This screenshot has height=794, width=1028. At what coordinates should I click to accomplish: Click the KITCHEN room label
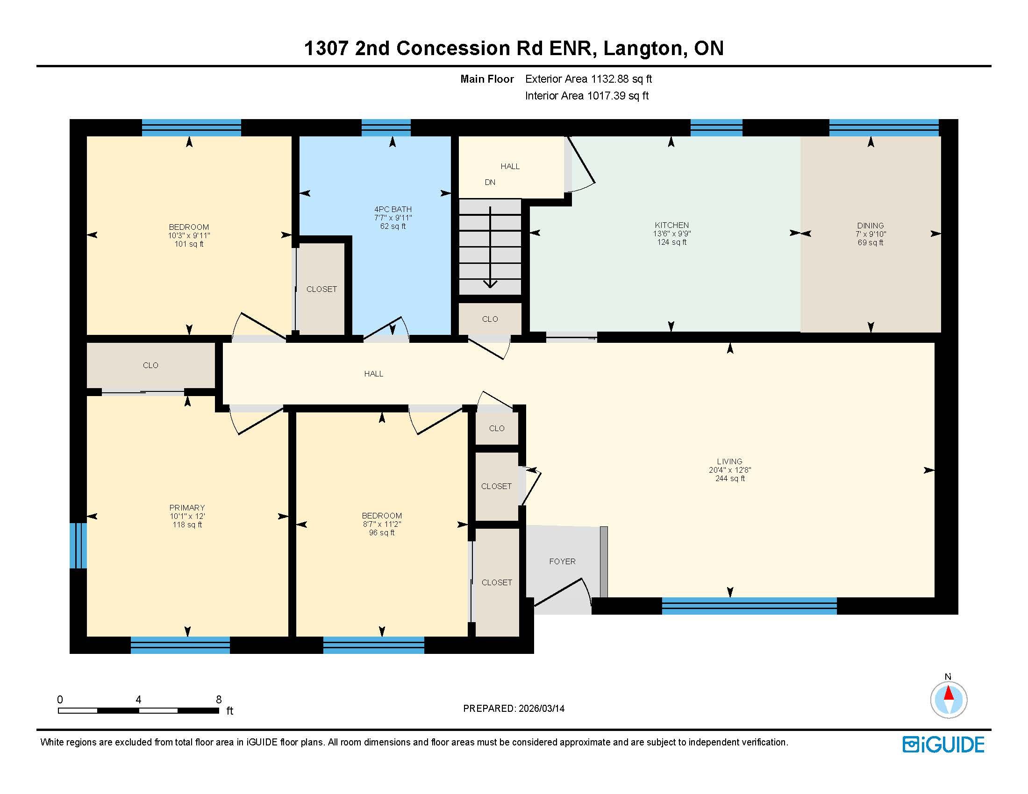coord(671,225)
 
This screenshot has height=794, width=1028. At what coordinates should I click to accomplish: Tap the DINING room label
coord(871,226)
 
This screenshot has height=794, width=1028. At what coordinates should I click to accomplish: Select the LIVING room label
coord(729,461)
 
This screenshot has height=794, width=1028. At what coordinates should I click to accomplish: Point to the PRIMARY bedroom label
coord(187,508)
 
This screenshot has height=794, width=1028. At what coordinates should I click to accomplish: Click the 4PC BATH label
coord(393,209)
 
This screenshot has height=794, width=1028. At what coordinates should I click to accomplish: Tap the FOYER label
coord(562,561)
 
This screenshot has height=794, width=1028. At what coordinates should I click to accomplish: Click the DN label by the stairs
coord(490,182)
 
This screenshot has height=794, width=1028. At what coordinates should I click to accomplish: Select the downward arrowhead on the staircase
coord(490,284)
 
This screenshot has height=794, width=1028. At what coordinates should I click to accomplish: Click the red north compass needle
coord(949,694)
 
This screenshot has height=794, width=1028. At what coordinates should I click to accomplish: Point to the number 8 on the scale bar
coord(218,700)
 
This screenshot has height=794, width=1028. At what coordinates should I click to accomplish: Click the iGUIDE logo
coord(943,744)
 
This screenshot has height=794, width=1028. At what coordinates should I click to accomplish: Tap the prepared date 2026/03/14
coord(541,709)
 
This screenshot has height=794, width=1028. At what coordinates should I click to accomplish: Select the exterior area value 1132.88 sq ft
coord(621,79)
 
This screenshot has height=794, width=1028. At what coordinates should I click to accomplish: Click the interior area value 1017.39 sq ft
coord(618,96)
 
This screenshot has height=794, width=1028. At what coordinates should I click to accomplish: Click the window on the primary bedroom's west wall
coord(78,546)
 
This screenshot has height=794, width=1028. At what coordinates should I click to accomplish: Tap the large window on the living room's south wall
coord(750,606)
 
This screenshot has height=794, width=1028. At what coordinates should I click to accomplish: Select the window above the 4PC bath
coord(386,128)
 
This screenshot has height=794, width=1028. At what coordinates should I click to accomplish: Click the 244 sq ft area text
coord(730,478)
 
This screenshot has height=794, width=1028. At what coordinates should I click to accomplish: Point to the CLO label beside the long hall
coord(150,365)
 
